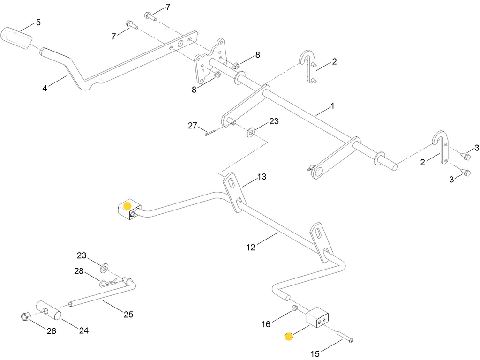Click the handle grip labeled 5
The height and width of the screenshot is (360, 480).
tap(16, 38)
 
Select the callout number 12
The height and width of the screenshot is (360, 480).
tap(251, 247)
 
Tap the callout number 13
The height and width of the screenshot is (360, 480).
tap(262, 177)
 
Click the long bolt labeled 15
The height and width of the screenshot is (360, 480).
tap(345, 337)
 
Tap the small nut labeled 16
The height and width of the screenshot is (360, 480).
tap(294, 307)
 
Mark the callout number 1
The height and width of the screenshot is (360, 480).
tap(332, 106)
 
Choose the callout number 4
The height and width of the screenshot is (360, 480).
tap(45, 88)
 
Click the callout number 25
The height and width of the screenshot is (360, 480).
tap(128, 315)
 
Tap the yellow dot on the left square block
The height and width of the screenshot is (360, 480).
tap(127, 206)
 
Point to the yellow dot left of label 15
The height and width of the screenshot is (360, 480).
tap(289, 337)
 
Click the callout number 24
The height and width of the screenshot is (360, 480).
tap(84, 330)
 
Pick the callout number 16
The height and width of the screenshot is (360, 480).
tap(266, 324)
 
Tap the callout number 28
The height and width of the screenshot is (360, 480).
tap(79, 271)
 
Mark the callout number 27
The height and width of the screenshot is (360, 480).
tap(193, 126)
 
